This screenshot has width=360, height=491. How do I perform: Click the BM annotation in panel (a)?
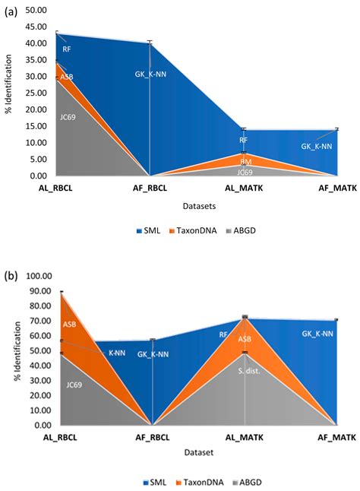(245, 161)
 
